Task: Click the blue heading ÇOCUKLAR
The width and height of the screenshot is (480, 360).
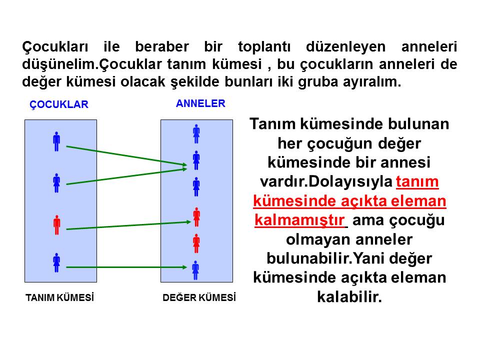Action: point(59,104)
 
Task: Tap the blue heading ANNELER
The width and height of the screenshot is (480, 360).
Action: point(200,103)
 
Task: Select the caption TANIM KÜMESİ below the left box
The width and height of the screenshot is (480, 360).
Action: point(59,297)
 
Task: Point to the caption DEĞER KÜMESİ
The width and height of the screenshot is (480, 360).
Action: point(199,297)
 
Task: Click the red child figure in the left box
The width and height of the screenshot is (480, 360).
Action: point(56,225)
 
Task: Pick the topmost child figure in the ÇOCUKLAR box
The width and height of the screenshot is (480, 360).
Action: point(56,141)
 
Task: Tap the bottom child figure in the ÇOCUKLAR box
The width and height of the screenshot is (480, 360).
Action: point(56,262)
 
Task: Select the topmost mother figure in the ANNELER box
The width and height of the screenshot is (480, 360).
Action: point(196,134)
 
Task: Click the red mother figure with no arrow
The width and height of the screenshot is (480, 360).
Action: point(196,243)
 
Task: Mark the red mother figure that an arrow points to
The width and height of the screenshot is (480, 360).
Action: point(196,217)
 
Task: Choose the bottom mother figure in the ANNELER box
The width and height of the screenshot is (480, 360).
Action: point(195,270)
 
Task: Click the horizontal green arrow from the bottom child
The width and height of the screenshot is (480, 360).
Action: point(126,267)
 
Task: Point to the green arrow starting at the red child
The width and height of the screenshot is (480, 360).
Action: point(128,225)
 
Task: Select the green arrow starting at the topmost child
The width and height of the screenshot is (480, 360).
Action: point(126,156)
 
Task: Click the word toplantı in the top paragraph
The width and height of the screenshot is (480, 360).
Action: point(264,47)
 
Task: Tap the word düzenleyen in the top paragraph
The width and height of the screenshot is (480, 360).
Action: point(345,47)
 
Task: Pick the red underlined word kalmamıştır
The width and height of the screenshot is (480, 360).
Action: point(299,220)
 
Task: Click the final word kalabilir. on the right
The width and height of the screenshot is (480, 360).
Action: point(349,296)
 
